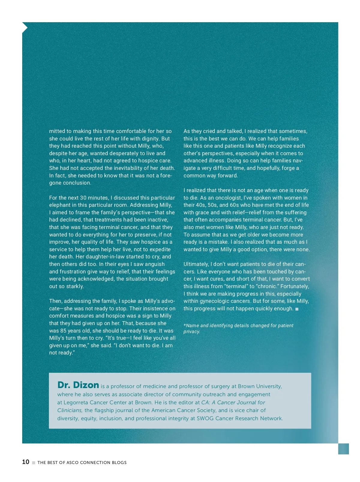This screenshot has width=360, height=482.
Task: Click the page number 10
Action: tap(25, 462)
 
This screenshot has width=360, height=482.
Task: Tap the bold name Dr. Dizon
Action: tap(78, 385)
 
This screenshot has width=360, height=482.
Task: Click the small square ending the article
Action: tap(297, 309)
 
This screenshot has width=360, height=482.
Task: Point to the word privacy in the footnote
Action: tap(191, 332)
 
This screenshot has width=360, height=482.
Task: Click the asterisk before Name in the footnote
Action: tap(185, 325)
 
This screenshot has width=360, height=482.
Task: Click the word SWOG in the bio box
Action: tap(205, 418)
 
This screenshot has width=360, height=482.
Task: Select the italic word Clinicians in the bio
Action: tap(70, 410)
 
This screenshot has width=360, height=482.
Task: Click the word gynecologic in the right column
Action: tap(215, 301)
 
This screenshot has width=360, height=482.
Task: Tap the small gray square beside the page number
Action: tap(34, 463)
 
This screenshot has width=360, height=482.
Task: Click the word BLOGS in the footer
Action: tap(119, 462)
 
